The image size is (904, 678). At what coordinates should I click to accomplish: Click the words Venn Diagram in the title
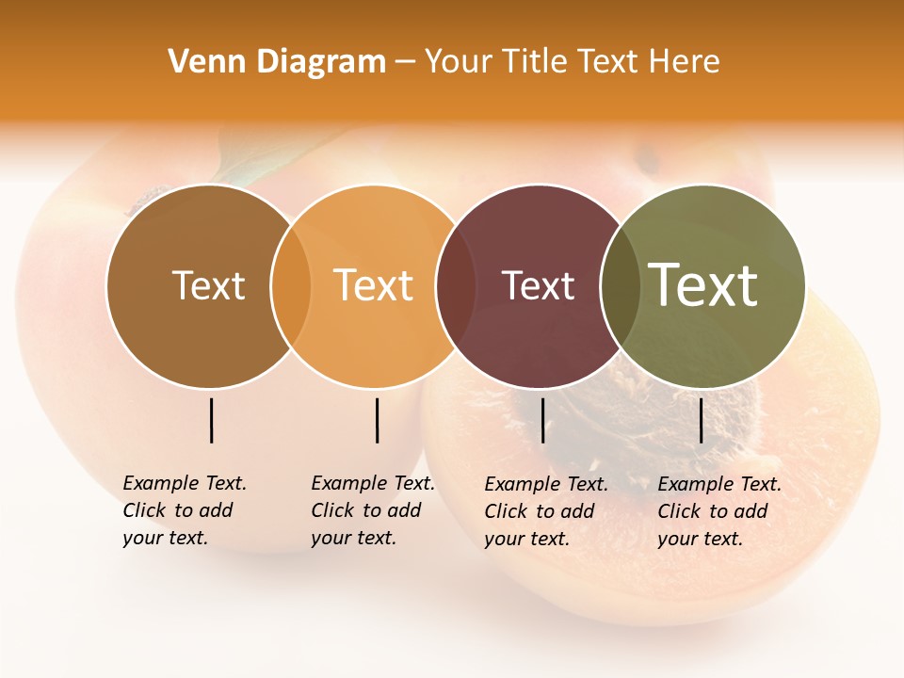pyautogui.click(x=277, y=62)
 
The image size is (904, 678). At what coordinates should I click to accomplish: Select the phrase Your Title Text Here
pyautogui.click(x=572, y=62)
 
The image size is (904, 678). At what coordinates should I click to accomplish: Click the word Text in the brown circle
pyautogui.click(x=208, y=285)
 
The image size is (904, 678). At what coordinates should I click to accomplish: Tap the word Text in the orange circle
pyautogui.click(x=374, y=285)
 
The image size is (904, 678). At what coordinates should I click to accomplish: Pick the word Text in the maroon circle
pyautogui.click(x=538, y=285)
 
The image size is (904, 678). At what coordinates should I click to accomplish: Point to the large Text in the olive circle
pyautogui.click(x=703, y=285)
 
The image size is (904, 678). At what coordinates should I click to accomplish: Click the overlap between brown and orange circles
pyautogui.click(x=291, y=286)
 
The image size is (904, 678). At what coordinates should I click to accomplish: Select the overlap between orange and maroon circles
pyautogui.click(x=449, y=286)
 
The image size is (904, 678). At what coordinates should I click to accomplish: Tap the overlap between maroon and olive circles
pyautogui.click(x=617, y=286)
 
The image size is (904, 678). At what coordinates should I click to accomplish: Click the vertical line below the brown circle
pyautogui.click(x=212, y=420)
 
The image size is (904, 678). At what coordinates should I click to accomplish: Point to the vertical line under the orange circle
pyautogui.click(x=377, y=420)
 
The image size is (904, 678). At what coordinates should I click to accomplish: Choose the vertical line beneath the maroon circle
pyautogui.click(x=542, y=420)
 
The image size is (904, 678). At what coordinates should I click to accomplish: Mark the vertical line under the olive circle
pyautogui.click(x=701, y=420)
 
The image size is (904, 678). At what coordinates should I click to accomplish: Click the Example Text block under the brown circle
pyautogui.click(x=184, y=510)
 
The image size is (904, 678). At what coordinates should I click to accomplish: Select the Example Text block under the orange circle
pyautogui.click(x=372, y=510)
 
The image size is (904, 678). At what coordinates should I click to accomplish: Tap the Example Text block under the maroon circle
pyautogui.click(x=545, y=511)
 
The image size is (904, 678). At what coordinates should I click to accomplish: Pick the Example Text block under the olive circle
pyautogui.click(x=718, y=511)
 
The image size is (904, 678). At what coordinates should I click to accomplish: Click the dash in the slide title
pyautogui.click(x=405, y=63)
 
